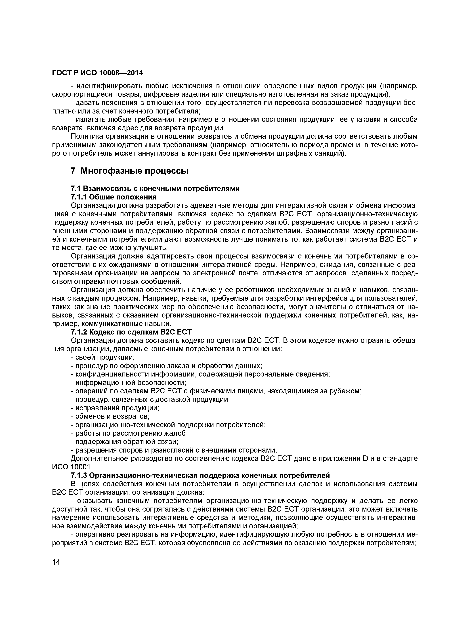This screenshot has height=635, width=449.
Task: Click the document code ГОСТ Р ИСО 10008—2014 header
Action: point(98,73)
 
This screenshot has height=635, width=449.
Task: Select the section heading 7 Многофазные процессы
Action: point(129,171)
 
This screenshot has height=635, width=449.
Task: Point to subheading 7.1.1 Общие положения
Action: point(114,197)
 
